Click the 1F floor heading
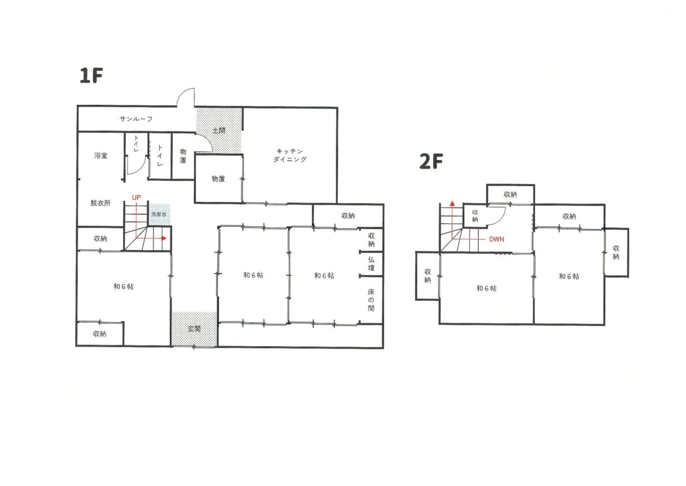tap(91, 75)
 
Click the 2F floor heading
tap(431, 161)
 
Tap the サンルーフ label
tap(136, 119)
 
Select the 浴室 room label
tap(101, 155)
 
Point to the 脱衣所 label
tap(100, 203)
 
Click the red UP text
tap(136, 197)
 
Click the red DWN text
tap(497, 239)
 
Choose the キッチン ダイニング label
tap(290, 155)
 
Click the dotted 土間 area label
tap(219, 130)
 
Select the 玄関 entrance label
tap(194, 329)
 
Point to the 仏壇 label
tap(371, 264)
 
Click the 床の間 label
tap(371, 300)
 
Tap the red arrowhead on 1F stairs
tap(164, 238)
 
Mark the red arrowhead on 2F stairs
tap(452, 203)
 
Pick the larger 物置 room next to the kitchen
tap(219, 179)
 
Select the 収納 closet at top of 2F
tap(511, 195)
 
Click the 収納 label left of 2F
tap(428, 276)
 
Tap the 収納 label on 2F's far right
tap(616, 252)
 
